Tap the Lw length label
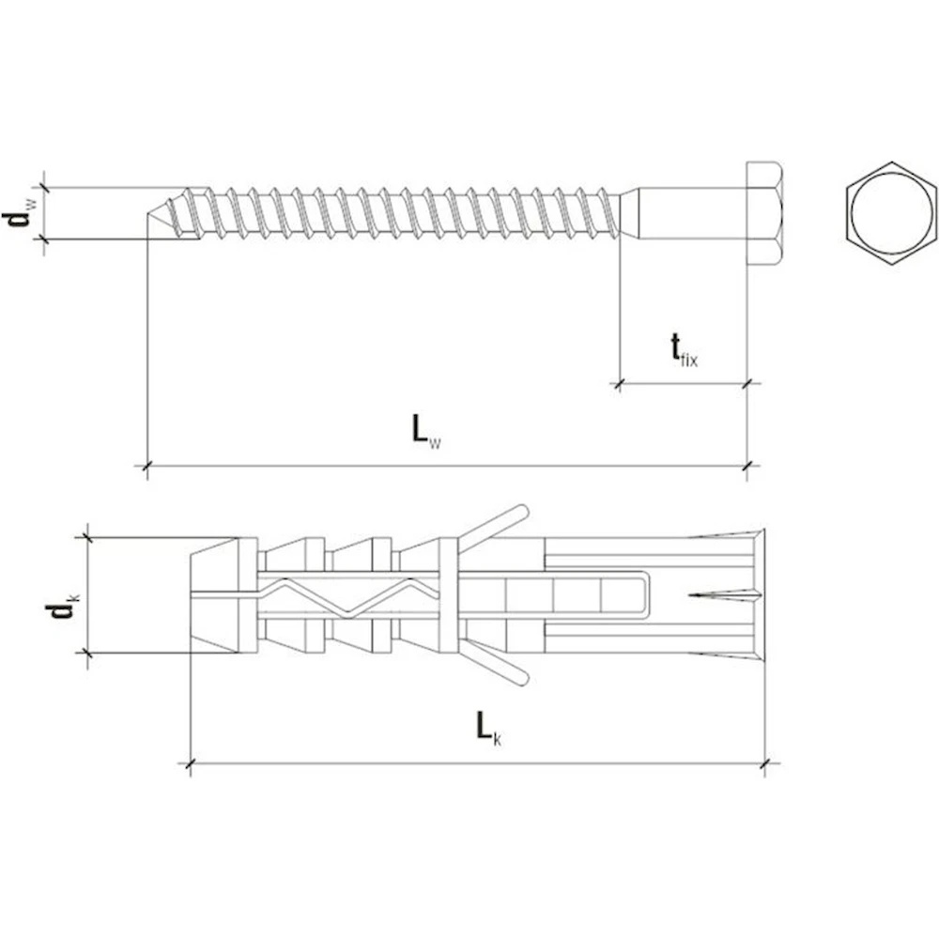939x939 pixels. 425,431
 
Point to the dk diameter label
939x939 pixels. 62,609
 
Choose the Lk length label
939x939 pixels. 488,728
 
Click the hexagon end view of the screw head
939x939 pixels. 892,212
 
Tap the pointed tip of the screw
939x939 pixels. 148,213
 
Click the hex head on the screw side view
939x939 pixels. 763,213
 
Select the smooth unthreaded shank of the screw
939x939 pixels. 684,213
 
